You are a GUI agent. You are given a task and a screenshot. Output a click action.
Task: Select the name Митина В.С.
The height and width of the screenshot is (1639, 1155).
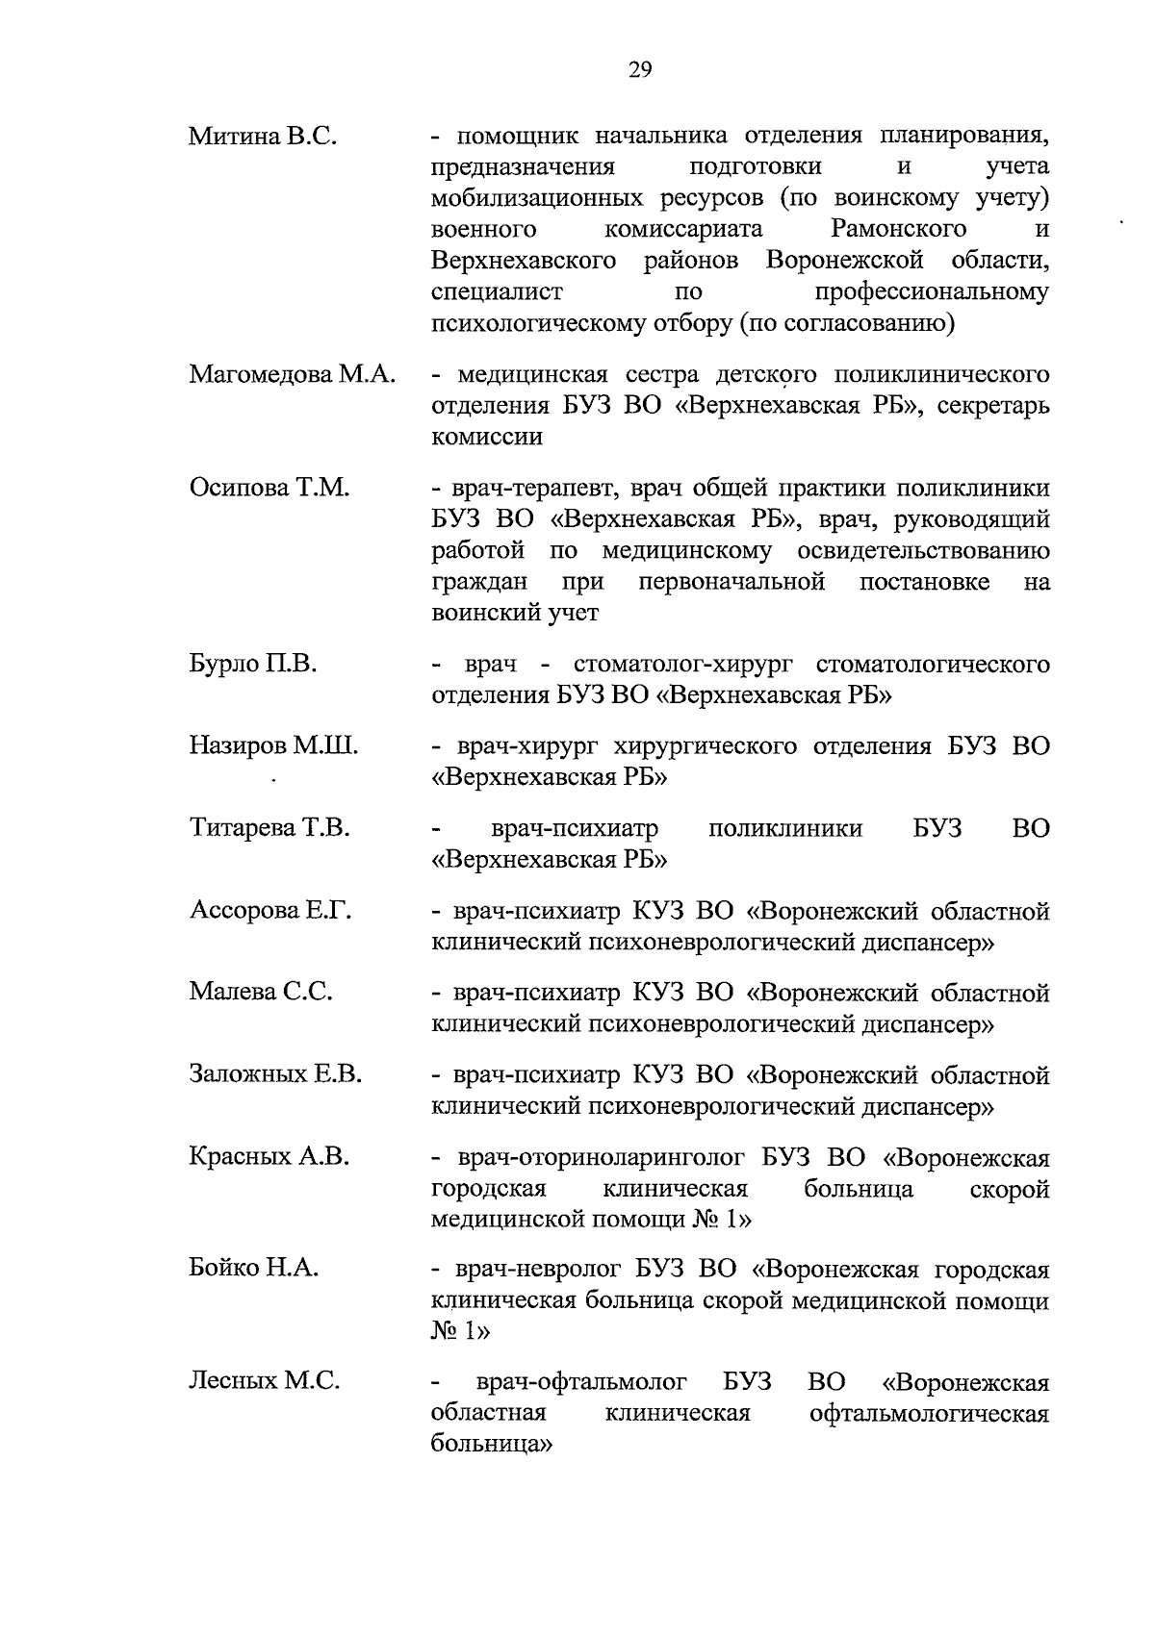click(x=262, y=136)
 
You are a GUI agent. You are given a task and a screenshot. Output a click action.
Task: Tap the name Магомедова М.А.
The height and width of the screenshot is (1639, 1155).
click(x=293, y=374)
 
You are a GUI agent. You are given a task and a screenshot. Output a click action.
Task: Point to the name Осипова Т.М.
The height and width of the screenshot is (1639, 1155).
click(x=269, y=488)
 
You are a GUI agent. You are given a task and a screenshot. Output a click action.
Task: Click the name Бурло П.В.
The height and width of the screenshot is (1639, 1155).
click(x=253, y=664)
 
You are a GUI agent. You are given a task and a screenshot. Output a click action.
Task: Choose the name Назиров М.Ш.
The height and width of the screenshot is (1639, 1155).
click(x=273, y=745)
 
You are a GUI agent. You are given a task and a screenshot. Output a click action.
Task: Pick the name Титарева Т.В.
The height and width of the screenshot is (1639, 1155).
click(x=269, y=827)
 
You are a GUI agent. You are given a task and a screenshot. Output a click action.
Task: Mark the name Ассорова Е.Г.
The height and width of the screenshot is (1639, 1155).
click(x=270, y=910)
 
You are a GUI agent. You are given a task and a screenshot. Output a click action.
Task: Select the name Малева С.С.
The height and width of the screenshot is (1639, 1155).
click(x=261, y=992)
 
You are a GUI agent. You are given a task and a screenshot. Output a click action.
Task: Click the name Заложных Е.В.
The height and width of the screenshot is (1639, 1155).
click(x=275, y=1074)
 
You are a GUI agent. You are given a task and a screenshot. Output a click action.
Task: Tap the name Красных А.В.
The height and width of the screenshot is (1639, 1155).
click(x=269, y=1156)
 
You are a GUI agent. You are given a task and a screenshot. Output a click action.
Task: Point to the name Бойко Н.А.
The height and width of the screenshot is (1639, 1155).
click(x=253, y=1269)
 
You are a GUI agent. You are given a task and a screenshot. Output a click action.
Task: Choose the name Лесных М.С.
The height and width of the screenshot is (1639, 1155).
click(x=264, y=1381)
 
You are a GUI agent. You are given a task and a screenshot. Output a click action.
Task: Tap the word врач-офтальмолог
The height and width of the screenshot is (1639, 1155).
click(x=582, y=1383)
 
